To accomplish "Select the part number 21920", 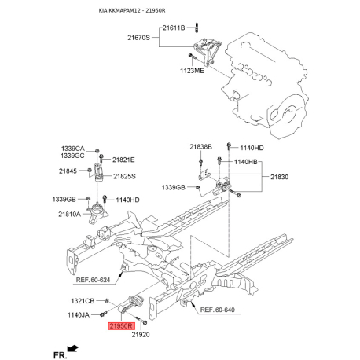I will point(140,335).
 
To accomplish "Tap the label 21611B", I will point(173,28).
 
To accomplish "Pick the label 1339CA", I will point(73,149).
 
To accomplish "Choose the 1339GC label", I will point(73,157).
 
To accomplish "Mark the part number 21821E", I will point(123,160).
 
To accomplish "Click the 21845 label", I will point(69,171).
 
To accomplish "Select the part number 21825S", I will point(124,176).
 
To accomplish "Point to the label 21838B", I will point(178,147).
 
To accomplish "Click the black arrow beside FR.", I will point(73,347).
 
